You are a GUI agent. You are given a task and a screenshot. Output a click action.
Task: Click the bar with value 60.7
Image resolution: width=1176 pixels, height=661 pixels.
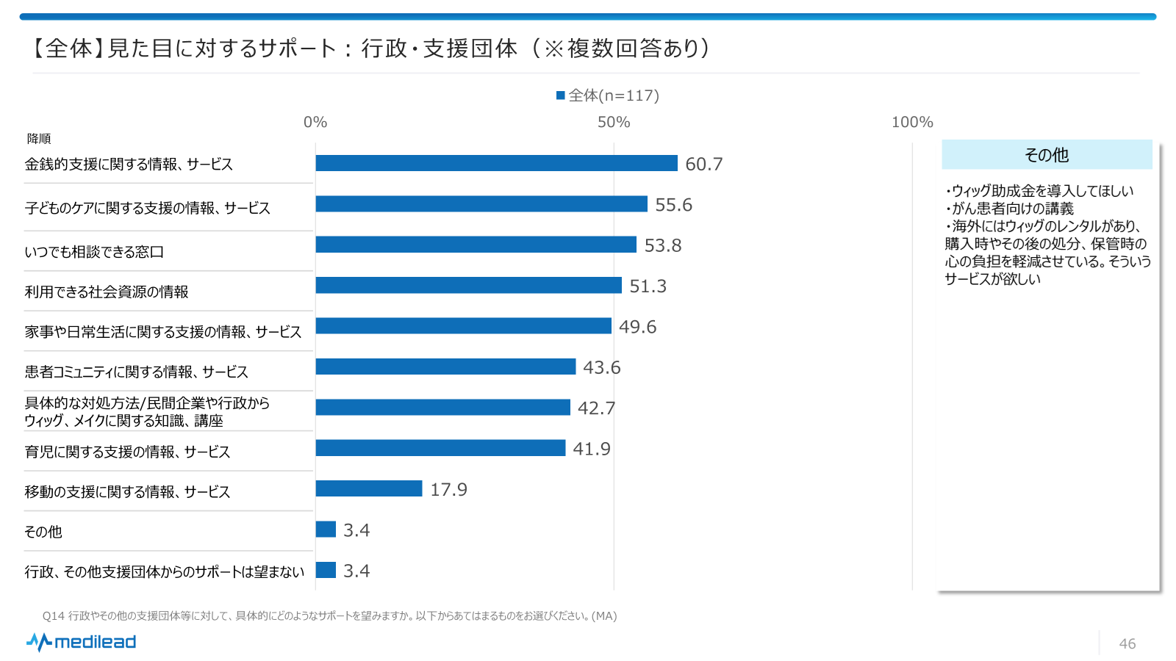point(496,163)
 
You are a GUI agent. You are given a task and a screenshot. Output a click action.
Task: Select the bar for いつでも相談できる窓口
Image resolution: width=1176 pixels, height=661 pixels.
point(476,245)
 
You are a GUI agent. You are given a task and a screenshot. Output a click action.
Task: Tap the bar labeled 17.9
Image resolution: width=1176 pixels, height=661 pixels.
point(369,488)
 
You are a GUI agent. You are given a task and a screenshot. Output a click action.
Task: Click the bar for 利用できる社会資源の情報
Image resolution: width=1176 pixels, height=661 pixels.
point(468,285)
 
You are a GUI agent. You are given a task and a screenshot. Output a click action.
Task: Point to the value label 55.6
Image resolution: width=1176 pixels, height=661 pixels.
point(673,205)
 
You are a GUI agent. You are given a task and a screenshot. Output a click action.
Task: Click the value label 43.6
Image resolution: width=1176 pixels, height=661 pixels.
point(601,367)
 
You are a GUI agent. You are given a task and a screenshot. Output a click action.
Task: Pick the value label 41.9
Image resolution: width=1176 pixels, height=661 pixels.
point(591,449)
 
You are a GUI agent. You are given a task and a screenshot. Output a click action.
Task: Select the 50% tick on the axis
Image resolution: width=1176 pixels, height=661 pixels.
point(614,122)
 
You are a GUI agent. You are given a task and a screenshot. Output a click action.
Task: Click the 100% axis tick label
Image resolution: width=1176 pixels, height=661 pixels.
point(911,122)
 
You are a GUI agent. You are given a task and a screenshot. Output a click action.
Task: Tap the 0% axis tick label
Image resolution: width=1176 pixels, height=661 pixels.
point(315,122)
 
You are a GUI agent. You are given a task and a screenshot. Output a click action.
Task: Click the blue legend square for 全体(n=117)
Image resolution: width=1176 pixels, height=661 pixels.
point(561,95)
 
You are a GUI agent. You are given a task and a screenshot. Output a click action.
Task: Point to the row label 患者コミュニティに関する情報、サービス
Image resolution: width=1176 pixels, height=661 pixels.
point(137,372)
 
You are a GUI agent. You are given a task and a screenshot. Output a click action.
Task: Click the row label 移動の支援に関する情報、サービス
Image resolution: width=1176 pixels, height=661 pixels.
point(128,491)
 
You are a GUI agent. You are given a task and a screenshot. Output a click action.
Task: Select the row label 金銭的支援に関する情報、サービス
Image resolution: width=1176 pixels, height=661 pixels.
point(129,164)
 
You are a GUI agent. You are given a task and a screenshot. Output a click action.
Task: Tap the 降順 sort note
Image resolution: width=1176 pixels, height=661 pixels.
point(39,139)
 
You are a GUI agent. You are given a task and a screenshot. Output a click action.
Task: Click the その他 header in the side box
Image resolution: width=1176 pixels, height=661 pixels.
point(1047,155)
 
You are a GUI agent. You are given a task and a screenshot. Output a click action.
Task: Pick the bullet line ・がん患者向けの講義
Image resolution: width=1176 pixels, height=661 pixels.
point(1010,209)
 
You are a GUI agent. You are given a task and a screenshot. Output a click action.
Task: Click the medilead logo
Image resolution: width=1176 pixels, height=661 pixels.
point(82,642)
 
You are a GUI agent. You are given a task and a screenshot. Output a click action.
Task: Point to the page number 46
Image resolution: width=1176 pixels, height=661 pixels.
point(1127,643)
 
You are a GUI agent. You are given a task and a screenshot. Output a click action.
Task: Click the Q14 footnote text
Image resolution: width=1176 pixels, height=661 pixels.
point(329,615)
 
